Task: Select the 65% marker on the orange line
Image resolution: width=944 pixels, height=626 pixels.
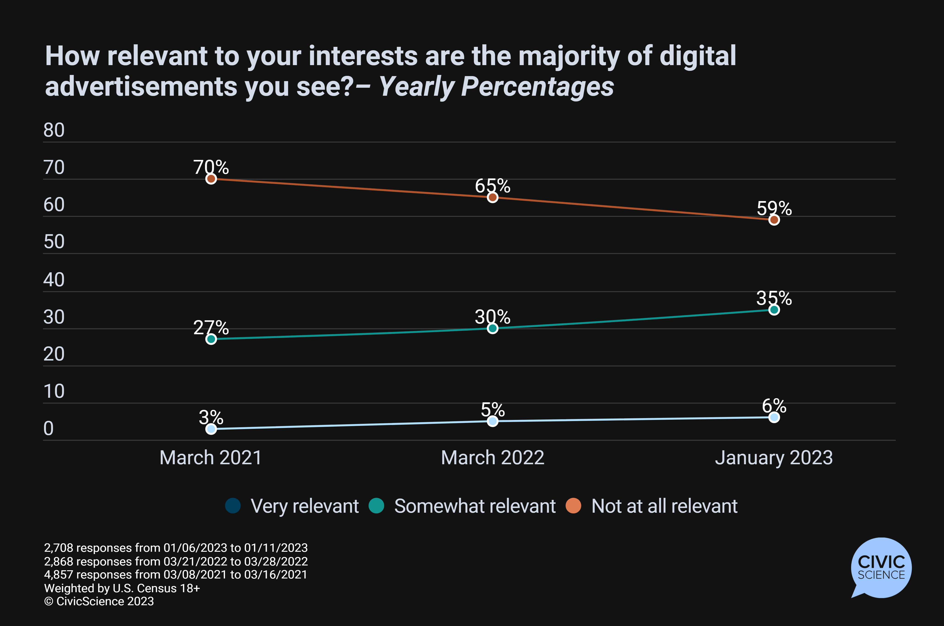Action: pyautogui.click(x=493, y=197)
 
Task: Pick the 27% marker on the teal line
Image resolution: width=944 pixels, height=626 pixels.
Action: pyautogui.click(x=211, y=339)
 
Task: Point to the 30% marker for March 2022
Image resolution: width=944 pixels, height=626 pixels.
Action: pyautogui.click(x=493, y=328)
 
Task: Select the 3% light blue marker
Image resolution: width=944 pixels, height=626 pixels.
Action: pyautogui.click(x=211, y=429)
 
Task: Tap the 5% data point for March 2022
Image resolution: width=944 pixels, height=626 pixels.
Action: pyautogui.click(x=493, y=421)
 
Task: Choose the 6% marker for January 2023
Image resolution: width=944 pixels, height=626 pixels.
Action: pyautogui.click(x=774, y=417)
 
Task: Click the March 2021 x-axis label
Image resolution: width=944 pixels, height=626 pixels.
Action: pyautogui.click(x=211, y=458)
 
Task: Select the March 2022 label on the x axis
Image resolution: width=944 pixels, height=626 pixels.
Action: pyautogui.click(x=493, y=458)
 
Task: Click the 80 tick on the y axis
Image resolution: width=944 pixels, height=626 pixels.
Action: pyautogui.click(x=54, y=130)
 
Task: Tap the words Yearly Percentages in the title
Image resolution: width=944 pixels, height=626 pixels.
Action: pyautogui.click(x=496, y=87)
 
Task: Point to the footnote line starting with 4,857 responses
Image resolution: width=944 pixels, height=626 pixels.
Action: pyautogui.click(x=176, y=575)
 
